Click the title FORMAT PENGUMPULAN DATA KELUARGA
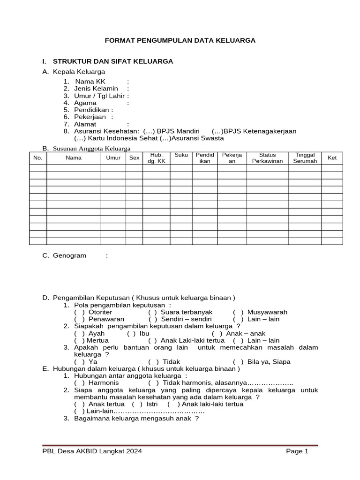tap(180, 41)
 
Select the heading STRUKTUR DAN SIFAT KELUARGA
tap(113, 61)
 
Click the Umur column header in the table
tap(113, 158)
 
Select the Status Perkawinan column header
tap(267, 158)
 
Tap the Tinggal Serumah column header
tap(305, 158)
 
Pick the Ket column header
tap(332, 158)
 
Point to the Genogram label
tap(70, 255)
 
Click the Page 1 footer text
tap(297, 451)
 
